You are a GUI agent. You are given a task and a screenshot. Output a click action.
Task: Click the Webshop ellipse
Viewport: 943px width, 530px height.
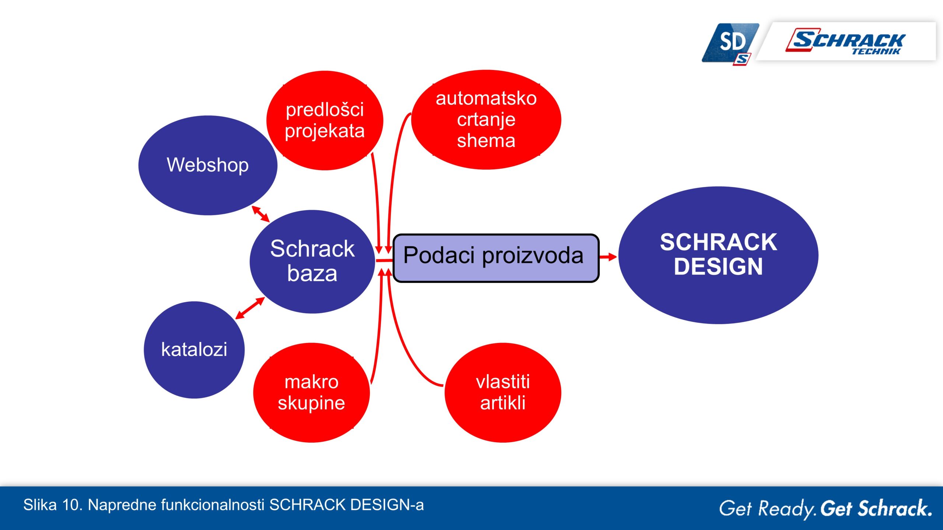click(208, 165)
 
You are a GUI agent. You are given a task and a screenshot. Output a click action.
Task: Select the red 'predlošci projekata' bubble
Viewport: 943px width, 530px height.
click(325, 120)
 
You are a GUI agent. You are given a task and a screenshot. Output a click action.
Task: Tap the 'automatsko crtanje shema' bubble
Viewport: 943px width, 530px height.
click(486, 120)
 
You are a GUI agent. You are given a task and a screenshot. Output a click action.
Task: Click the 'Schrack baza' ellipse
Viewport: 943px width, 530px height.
click(312, 262)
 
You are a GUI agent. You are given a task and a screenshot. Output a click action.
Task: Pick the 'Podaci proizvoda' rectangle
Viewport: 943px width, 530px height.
click(496, 258)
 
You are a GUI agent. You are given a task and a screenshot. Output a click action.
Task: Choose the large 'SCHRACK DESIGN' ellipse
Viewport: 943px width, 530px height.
click(718, 255)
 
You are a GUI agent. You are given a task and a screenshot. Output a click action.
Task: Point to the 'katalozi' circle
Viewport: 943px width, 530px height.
click(194, 350)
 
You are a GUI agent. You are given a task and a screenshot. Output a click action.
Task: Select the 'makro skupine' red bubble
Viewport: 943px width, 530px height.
click(311, 392)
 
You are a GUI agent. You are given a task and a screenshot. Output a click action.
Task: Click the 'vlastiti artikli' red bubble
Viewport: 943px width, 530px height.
click(503, 392)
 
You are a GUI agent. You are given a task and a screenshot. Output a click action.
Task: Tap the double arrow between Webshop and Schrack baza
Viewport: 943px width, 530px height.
click(260, 214)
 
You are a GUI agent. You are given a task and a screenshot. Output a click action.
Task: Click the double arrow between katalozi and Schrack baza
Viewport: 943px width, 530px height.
click(250, 308)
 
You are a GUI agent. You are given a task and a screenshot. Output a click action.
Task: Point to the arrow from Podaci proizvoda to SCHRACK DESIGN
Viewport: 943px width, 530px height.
click(608, 257)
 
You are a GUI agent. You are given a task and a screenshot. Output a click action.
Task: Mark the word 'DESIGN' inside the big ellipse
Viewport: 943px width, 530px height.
click(718, 266)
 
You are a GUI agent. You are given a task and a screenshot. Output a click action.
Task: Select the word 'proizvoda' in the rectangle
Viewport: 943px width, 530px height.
click(533, 256)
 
